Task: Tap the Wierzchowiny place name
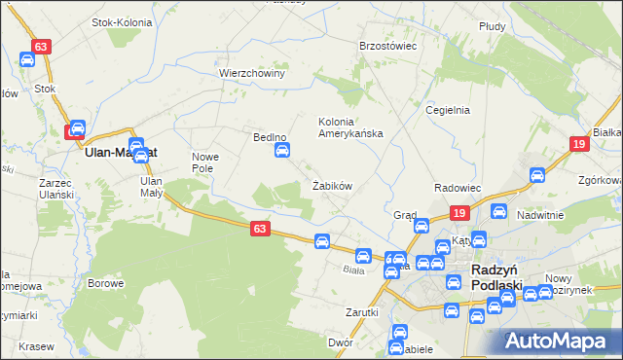251,73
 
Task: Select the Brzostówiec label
388,46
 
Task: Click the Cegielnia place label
448,110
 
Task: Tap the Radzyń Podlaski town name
496,276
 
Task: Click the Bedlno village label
270,138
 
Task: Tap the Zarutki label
360,312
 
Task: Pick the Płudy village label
493,26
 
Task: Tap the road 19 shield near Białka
579,144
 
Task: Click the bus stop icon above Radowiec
535,176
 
